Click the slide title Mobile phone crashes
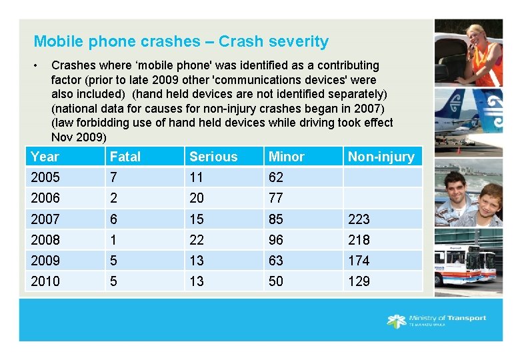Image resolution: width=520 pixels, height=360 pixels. (181, 41)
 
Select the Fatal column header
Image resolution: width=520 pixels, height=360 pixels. (125, 157)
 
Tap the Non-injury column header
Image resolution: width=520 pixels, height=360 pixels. (381, 157)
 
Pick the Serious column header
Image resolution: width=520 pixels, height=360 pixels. (213, 157)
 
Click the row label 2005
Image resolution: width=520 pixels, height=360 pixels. (45, 177)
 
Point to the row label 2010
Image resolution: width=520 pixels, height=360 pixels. (45, 281)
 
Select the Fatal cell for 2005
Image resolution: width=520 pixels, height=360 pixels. (114, 177)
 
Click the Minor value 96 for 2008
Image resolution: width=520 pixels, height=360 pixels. (276, 239)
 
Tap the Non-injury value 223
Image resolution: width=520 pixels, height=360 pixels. (359, 219)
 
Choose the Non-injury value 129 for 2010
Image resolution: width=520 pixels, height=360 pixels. (359, 281)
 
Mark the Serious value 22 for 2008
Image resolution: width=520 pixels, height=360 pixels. (197, 239)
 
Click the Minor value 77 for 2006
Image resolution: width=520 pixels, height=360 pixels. (276, 198)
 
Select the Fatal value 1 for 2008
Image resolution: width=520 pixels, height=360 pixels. (113, 239)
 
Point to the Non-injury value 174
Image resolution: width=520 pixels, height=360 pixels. (359, 261)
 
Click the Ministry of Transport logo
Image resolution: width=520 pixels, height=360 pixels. (437, 321)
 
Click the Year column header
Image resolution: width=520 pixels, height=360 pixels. (45, 157)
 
